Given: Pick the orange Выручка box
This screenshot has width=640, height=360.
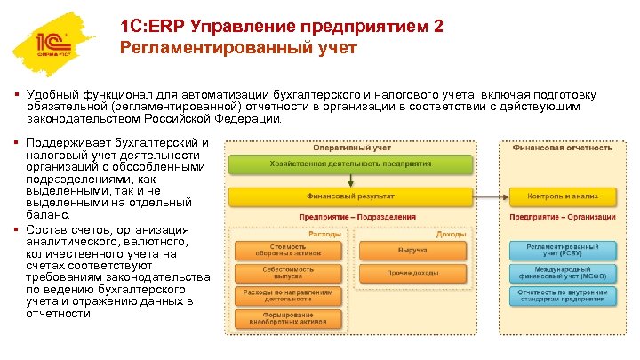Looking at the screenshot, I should point(412,250).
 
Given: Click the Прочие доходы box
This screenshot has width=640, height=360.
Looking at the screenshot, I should point(412,273).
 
